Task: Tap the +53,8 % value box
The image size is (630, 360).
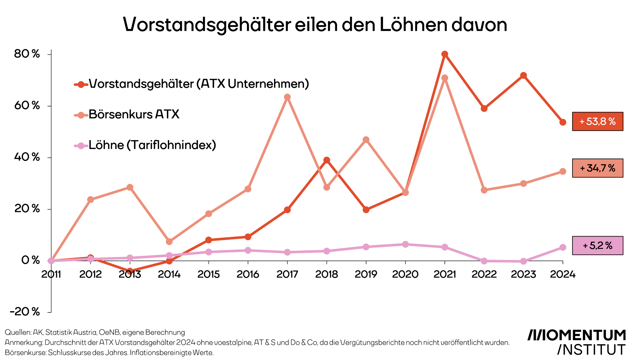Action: click(598, 122)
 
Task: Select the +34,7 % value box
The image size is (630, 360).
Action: click(598, 168)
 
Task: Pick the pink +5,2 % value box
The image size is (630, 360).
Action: click(598, 246)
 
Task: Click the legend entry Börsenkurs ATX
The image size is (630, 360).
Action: click(134, 114)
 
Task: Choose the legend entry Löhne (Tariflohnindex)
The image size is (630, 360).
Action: click(152, 145)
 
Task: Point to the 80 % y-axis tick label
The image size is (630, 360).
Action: click(27, 54)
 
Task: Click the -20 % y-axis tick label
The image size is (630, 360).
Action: click(25, 312)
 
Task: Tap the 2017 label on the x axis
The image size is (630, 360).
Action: click(287, 274)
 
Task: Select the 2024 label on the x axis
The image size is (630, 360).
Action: click(563, 274)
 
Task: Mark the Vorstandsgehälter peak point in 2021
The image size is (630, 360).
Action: click(445, 54)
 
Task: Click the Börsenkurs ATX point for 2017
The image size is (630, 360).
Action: click(287, 97)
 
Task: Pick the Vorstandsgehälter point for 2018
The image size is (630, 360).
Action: click(327, 160)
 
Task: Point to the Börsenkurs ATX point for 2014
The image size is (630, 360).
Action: click(169, 242)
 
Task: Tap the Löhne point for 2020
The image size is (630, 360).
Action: click(405, 244)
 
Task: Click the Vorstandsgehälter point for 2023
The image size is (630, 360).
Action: click(524, 75)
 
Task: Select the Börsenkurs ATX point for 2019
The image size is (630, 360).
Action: click(366, 140)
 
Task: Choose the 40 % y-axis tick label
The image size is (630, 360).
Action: click(27, 157)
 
